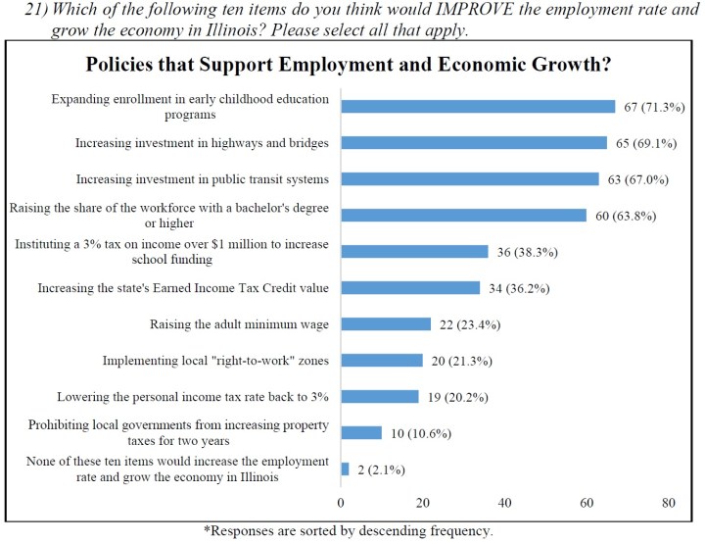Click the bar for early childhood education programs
478,106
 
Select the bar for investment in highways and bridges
474,143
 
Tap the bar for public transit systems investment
470,179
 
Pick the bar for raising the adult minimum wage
386,324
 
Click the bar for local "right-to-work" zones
382,361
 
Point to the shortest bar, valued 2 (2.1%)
345,468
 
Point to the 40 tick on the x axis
505,503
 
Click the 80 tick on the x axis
669,503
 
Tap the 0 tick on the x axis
341,503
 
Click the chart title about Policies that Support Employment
353,66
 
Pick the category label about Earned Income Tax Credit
183,288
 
